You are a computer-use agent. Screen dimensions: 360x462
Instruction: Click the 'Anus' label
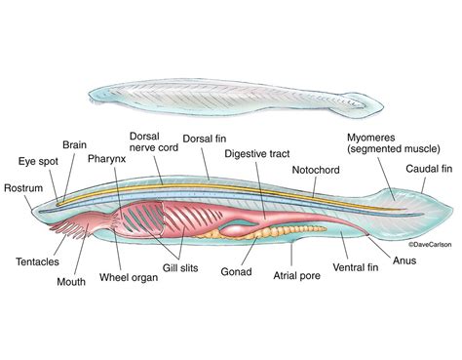(405, 260)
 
